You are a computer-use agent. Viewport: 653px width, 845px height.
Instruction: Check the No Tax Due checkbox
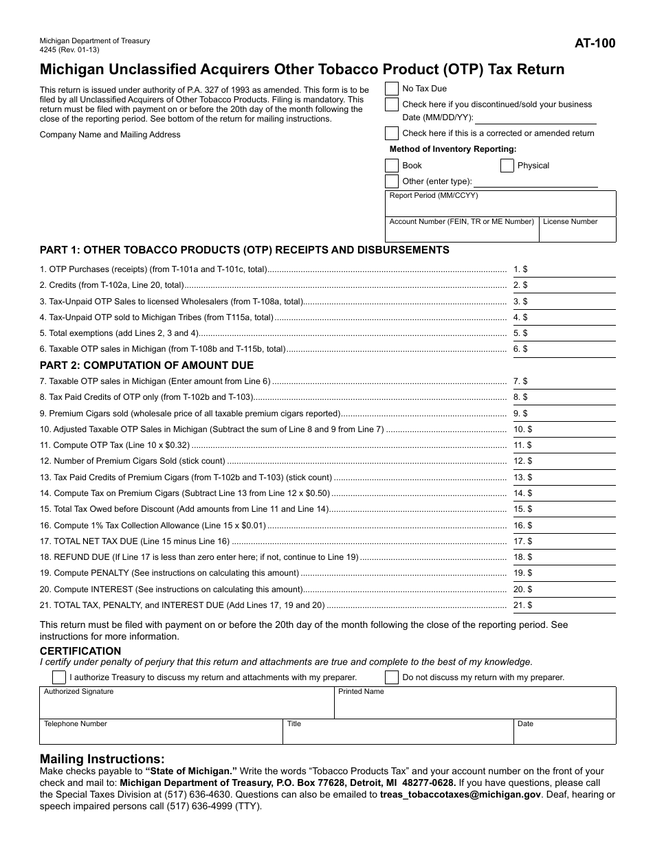pyautogui.click(x=391, y=89)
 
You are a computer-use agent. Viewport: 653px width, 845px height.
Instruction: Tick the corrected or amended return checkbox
pyautogui.click(x=391, y=133)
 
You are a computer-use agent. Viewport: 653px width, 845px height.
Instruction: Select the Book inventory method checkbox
pyautogui.click(x=391, y=166)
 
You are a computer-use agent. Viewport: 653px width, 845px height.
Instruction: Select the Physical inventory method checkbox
pyautogui.click(x=507, y=166)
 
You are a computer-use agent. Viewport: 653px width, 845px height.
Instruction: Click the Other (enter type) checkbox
pyautogui.click(x=391, y=181)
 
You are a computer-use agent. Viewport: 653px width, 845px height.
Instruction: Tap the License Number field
pyautogui.click(x=577, y=233)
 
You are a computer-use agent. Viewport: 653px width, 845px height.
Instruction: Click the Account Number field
pyautogui.click(x=461, y=233)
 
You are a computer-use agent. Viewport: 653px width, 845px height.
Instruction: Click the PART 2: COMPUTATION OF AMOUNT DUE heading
pyautogui.click(x=146, y=365)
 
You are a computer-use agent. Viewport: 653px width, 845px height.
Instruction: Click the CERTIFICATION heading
pyautogui.click(x=80, y=651)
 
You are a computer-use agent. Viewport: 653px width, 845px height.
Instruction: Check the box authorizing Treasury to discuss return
pyautogui.click(x=59, y=677)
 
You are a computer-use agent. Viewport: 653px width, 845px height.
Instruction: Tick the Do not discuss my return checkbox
pyautogui.click(x=391, y=677)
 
